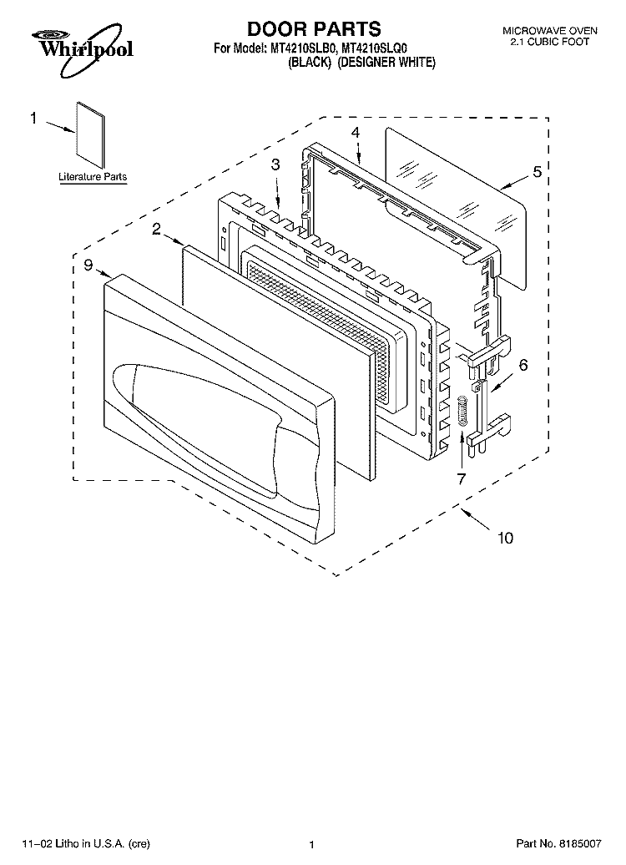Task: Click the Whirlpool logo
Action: point(82,49)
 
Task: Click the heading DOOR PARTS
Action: point(313,28)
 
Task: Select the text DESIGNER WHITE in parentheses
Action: point(386,63)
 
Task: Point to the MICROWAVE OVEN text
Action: point(549,32)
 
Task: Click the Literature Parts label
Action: point(93,177)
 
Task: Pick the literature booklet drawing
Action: point(90,135)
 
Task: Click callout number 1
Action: point(34,118)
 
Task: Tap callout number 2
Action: point(156,229)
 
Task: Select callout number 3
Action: point(275,164)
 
